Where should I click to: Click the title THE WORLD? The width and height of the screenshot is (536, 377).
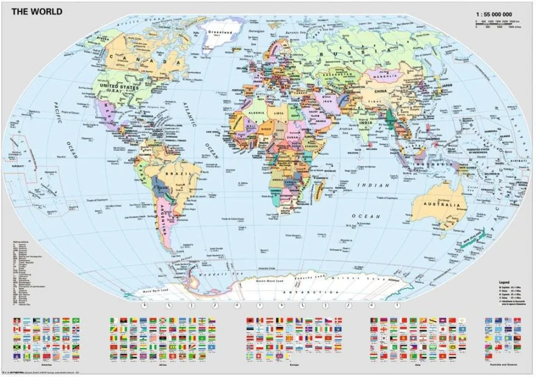pyautogui.click(x=29, y=9)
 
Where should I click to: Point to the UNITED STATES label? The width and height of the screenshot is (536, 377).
pyautogui.click(x=125, y=88)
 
